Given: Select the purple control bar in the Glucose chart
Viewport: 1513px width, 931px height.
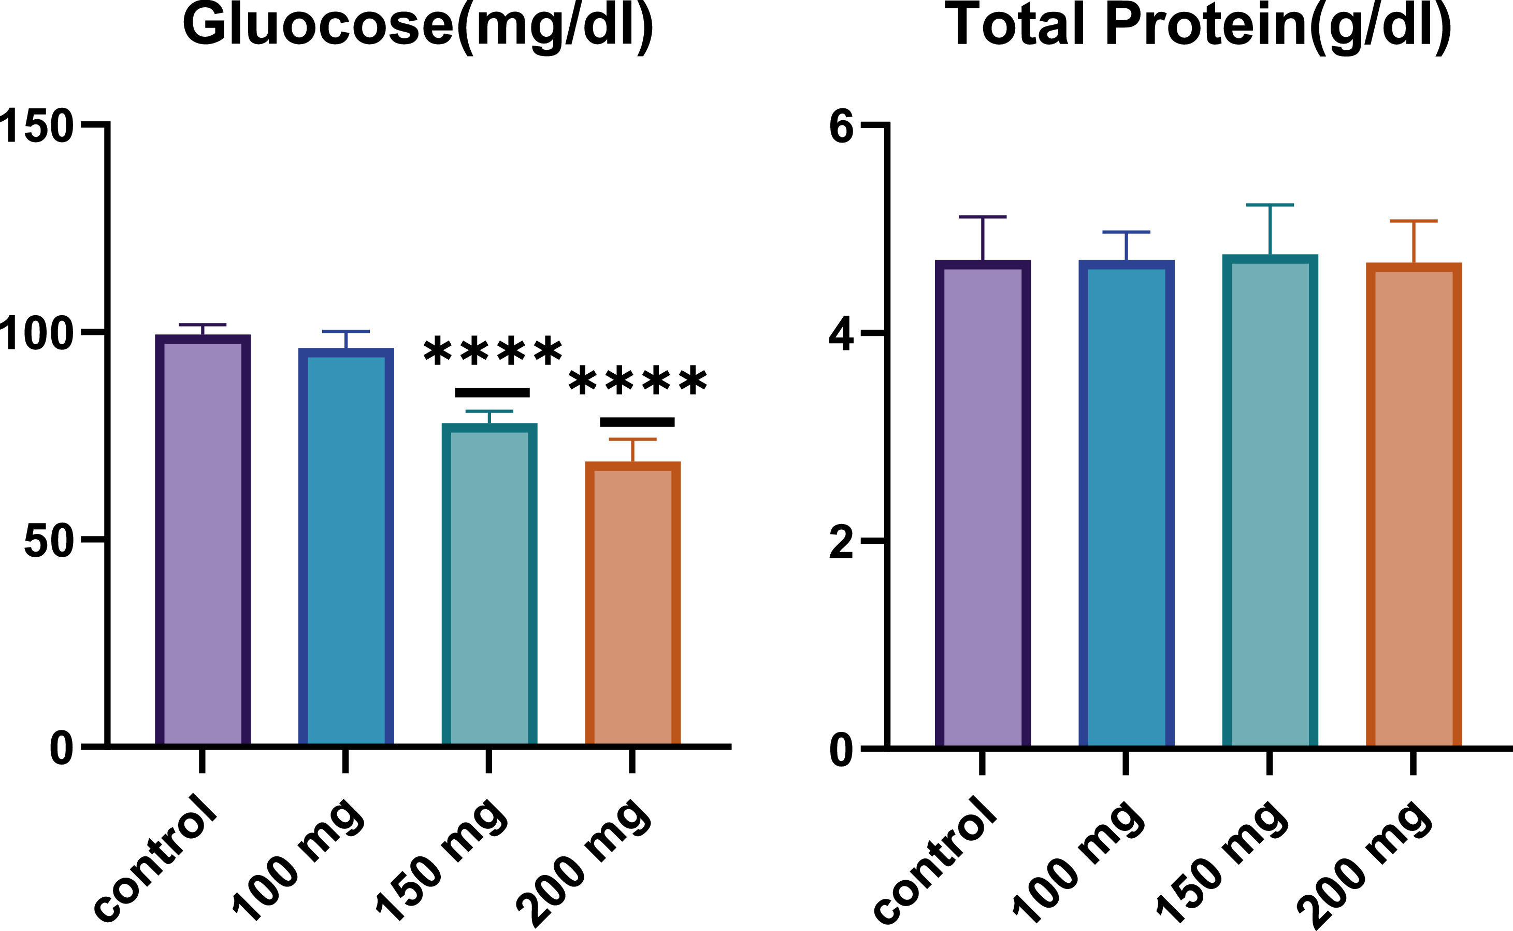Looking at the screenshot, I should (203, 542).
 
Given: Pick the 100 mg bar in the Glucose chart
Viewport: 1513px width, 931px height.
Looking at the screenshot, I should (346, 548).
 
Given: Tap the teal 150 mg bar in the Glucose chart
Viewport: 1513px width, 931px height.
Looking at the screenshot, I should (489, 585).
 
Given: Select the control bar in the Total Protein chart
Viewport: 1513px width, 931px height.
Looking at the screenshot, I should (983, 505).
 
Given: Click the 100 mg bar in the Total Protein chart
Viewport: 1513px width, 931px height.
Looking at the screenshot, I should (1126, 505).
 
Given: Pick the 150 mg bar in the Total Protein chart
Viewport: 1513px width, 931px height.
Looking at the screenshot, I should (1270, 502).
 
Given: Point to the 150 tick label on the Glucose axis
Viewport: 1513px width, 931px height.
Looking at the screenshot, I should (36, 126).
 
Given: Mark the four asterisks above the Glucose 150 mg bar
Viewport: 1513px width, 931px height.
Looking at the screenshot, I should (493, 352).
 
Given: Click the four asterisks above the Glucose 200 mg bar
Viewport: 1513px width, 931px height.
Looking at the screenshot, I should (638, 382).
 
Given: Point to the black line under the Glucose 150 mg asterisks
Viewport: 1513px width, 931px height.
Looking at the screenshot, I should (492, 393).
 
